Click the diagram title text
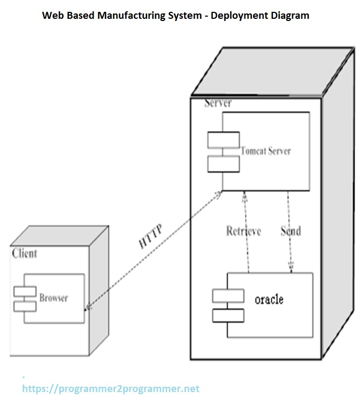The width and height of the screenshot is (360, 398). [x=176, y=16]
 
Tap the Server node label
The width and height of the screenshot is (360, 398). [x=218, y=103]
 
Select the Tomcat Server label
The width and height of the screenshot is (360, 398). [x=265, y=151]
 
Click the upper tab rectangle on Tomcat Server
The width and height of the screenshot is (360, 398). [x=224, y=140]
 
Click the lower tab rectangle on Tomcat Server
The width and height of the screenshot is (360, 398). [x=224, y=163]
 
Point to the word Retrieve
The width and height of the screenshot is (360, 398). [x=243, y=231]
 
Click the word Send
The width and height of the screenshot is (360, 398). [x=291, y=231]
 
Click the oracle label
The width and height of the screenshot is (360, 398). [x=269, y=299]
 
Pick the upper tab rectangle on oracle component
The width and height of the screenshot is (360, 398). [x=228, y=295]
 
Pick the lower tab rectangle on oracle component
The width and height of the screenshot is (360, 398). [x=228, y=315]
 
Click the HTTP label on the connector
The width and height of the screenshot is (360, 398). [x=150, y=235]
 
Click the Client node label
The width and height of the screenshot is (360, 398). [x=25, y=253]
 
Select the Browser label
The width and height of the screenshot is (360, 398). [x=54, y=297]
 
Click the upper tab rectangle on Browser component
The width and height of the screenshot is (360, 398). [x=25, y=292]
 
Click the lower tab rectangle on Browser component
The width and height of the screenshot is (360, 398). [x=25, y=306]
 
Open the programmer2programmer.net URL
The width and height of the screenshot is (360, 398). [x=110, y=388]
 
